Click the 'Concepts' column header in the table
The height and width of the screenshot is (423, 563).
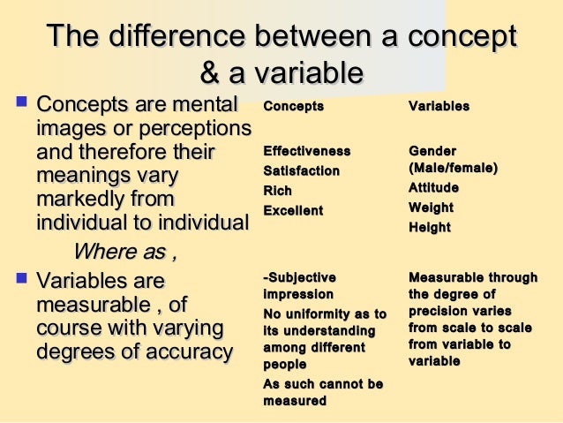[294, 106]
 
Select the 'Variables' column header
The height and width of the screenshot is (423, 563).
[439, 106]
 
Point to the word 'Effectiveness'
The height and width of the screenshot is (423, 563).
[307, 151]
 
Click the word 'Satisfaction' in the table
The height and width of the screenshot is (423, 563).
[301, 170]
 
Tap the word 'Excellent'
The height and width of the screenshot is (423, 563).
[293, 210]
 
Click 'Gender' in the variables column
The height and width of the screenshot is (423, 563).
[432, 151]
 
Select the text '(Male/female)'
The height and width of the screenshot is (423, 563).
[453, 168]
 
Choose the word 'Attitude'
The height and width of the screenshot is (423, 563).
[433, 187]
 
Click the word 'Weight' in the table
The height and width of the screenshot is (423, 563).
[431, 208]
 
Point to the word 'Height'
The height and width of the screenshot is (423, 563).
[430, 227]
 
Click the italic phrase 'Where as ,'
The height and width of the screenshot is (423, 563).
[124, 253]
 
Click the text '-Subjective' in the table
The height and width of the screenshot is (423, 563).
[300, 279]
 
